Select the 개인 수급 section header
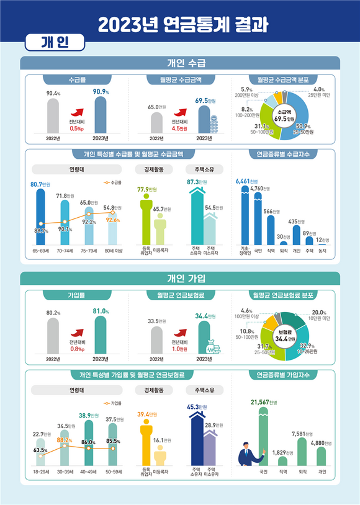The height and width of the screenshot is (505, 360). pos(180,63)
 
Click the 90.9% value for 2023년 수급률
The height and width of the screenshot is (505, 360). pos(100,92)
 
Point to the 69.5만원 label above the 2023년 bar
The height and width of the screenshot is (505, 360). pos(205,100)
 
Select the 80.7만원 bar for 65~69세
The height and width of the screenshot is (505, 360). pos(41,217)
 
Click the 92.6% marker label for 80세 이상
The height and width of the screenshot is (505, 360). pos(112,219)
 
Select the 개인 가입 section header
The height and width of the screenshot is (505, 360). pos(180,277)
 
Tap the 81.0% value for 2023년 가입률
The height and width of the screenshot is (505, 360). pos(100,311)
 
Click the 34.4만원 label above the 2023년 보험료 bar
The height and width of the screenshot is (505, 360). pos(205,316)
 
